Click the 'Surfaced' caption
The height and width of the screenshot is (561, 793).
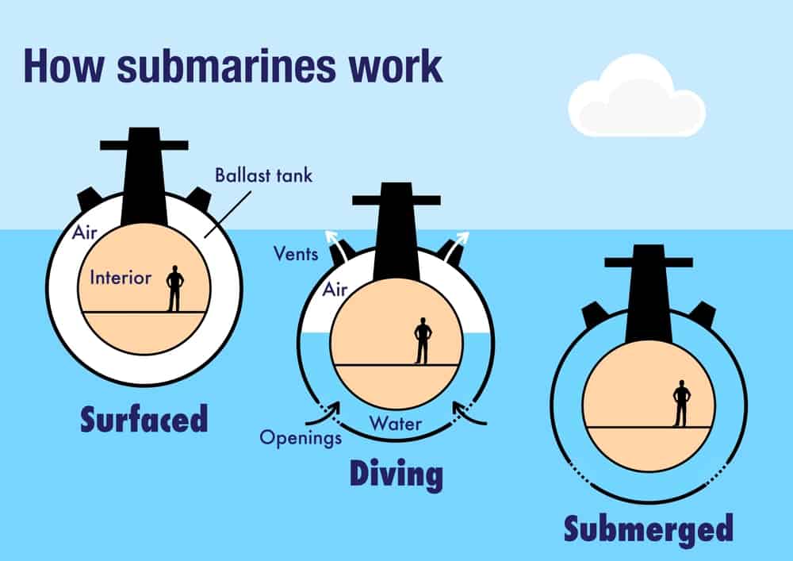[144, 419]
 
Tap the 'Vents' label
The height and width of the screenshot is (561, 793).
[296, 255]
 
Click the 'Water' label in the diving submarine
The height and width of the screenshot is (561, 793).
[396, 422]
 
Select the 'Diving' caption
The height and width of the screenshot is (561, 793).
[396, 475]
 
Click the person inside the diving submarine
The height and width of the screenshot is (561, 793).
[423, 340]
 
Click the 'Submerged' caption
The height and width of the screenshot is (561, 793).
[648, 528]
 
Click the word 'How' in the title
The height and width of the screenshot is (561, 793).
[63, 66]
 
